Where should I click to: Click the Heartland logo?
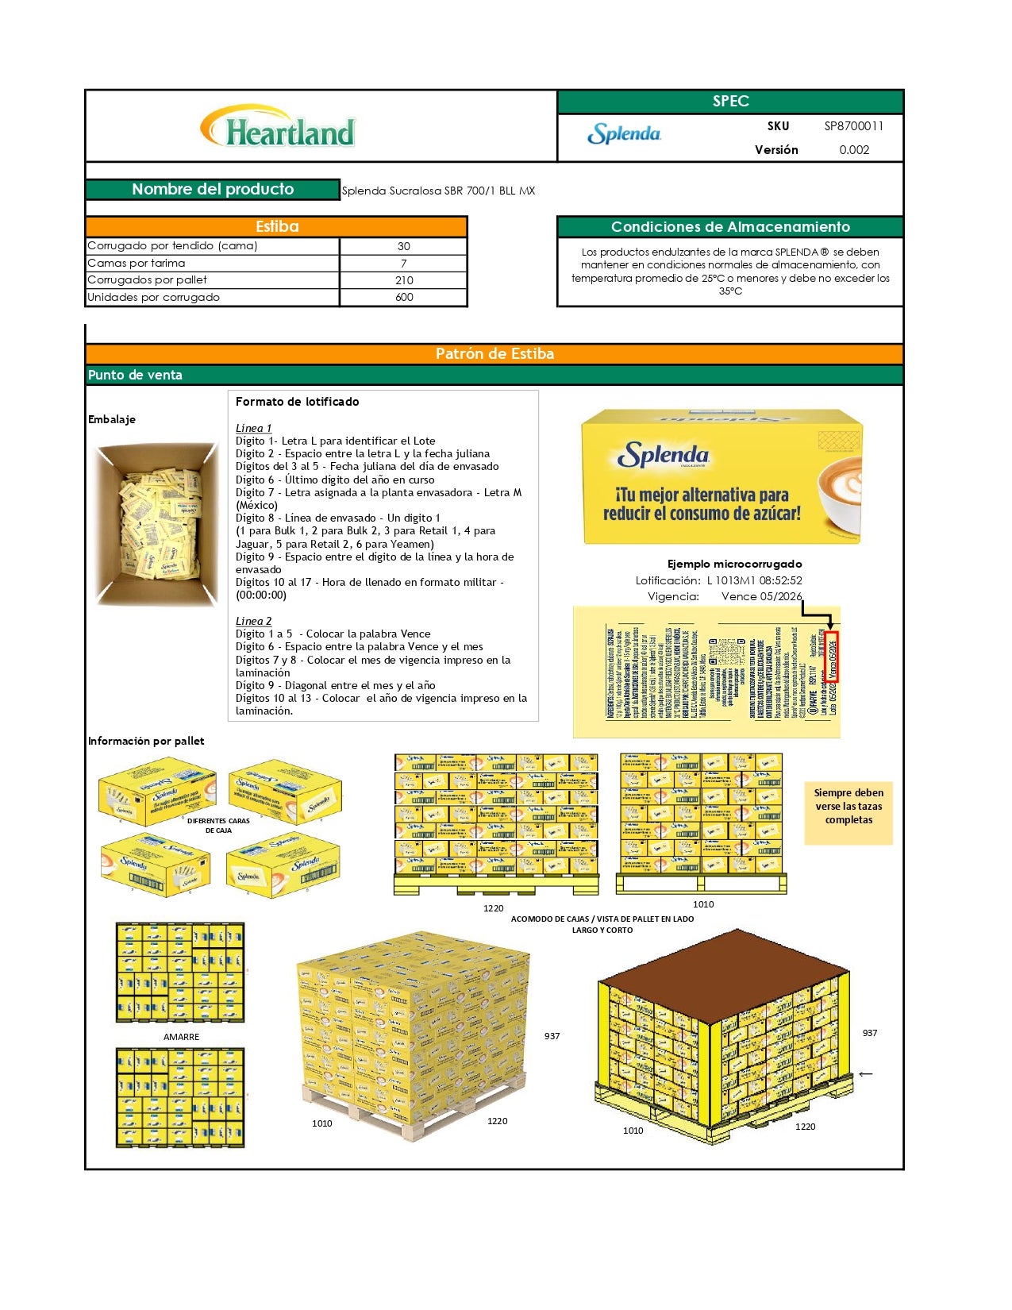pos(279,128)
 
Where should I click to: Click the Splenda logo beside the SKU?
pos(624,133)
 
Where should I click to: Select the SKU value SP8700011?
pos(853,125)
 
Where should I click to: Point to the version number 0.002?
pos(854,149)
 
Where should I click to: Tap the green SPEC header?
pos(730,101)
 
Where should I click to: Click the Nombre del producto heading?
pos(213,189)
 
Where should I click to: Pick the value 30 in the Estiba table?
pos(404,246)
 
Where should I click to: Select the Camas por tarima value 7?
pos(404,263)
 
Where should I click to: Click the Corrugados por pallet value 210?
pos(404,279)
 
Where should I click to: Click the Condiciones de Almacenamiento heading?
pos(730,227)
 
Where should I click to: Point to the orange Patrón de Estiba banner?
pos(494,353)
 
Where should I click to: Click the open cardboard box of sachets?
pos(156,524)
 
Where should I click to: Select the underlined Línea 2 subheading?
pos(253,621)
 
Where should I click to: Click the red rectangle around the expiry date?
pos(831,657)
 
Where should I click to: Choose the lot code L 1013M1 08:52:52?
pos(754,580)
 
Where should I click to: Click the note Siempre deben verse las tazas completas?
pos(848,806)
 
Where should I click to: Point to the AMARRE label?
pos(181,1037)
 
